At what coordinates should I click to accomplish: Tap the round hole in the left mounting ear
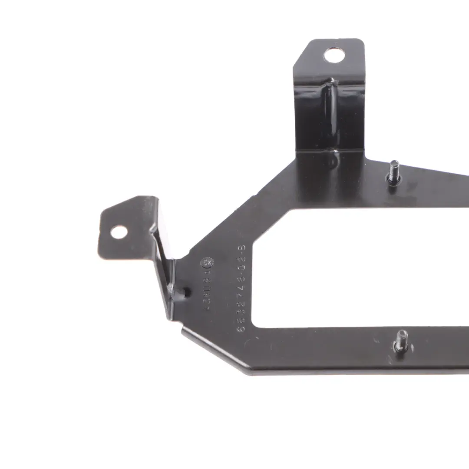[119, 232]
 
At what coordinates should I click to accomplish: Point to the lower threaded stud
[401, 340]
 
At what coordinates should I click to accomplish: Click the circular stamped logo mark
[207, 264]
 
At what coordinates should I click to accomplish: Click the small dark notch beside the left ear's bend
[187, 293]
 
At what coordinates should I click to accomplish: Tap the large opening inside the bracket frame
[347, 269]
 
